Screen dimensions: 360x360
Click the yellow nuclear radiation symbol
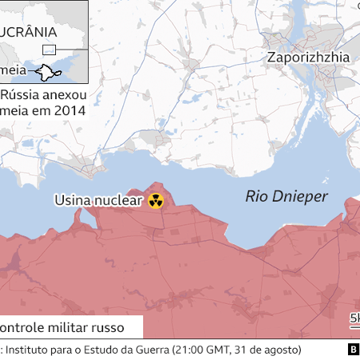coord(156,201)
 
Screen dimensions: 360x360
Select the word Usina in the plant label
coord(74,201)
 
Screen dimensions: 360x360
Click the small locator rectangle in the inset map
coord(49,50)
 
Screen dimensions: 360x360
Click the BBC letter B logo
coord(352,350)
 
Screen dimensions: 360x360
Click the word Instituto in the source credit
coord(30,350)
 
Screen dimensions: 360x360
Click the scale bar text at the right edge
coord(354,319)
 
